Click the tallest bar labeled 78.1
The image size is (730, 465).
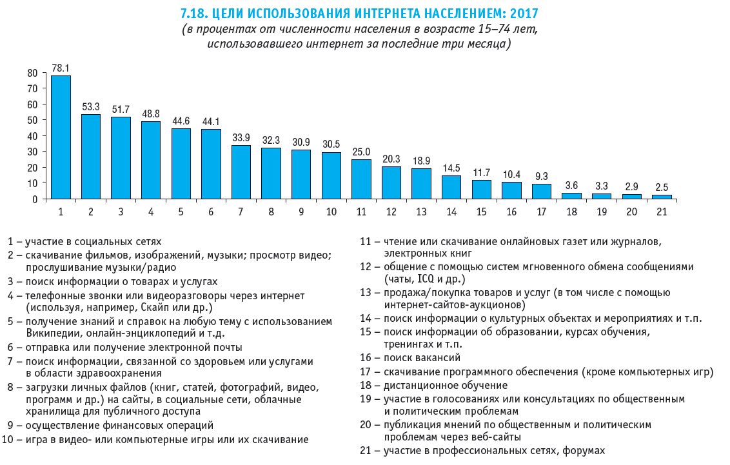[x=61, y=137]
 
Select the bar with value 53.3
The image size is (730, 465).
[x=91, y=156]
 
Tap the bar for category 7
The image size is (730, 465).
[x=241, y=172]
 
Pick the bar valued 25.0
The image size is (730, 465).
[x=361, y=179]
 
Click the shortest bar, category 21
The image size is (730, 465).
[x=662, y=196]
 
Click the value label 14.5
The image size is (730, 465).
[x=451, y=168]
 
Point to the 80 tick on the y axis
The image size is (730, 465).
[x=33, y=73]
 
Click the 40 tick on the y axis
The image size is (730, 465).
[x=33, y=136]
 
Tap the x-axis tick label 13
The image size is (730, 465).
[x=421, y=212]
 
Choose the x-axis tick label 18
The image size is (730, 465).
[x=571, y=212]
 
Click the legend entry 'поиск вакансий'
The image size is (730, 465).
[x=422, y=357]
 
